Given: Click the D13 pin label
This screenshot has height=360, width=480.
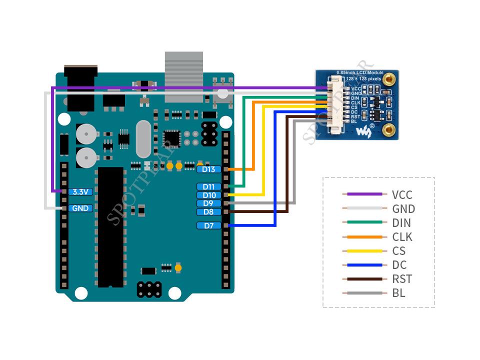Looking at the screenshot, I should click(x=209, y=169).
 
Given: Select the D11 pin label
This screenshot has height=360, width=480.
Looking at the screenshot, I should click(x=209, y=187).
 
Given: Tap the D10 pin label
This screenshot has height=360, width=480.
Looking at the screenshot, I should click(x=209, y=195).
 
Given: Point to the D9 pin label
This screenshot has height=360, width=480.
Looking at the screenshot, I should click(x=209, y=203).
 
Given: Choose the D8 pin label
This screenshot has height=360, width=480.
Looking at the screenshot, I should click(x=209, y=212).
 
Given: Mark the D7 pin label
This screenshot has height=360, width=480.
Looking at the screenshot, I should click(x=209, y=226).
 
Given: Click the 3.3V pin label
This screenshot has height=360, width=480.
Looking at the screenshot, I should click(x=80, y=191).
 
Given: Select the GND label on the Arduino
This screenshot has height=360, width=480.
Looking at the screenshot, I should click(x=80, y=208).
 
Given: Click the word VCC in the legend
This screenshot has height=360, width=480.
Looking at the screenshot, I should click(x=402, y=195).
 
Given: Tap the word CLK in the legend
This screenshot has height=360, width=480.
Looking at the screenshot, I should click(x=402, y=237).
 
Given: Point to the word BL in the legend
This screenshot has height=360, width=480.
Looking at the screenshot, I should click(x=398, y=293).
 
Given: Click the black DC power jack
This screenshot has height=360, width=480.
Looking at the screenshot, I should click(x=81, y=87).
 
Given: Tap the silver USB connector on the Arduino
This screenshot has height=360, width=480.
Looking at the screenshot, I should click(x=184, y=76).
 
